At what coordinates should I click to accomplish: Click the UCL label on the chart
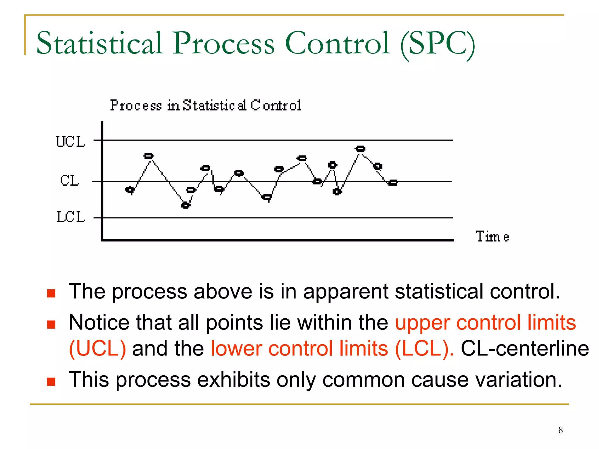pos(70,142)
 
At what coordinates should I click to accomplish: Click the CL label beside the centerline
pos(69,180)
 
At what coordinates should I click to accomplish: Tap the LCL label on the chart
pos(70,217)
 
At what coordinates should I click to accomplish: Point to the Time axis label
pos(492,236)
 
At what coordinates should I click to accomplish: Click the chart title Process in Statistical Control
pos(206,105)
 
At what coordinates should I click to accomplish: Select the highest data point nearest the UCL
pos(360,149)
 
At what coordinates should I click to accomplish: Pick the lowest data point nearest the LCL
pos(185,205)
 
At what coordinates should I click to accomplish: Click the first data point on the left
pos(130,190)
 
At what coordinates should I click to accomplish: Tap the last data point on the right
pos(393,183)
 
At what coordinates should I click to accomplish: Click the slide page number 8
pos(560,430)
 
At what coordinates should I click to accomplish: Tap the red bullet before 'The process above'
pos(51,293)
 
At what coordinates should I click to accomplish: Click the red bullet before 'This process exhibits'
pos(51,381)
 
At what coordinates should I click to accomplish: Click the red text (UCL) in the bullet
pos(97,348)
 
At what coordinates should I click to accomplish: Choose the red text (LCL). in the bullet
pos(424,348)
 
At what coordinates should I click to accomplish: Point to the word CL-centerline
pos(525,348)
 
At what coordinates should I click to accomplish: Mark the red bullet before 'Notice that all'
pos(51,324)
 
